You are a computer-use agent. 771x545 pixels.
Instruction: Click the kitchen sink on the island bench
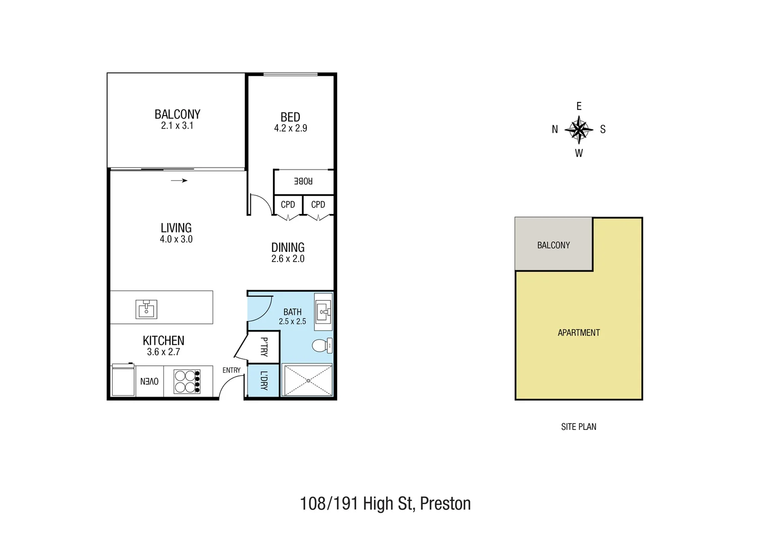point(146,309)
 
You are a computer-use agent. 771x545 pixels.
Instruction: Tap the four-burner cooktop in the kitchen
point(187,381)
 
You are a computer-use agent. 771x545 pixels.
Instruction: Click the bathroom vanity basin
point(323,312)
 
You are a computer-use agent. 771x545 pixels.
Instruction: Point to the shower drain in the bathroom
point(308,380)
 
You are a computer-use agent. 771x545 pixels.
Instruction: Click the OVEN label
point(149,381)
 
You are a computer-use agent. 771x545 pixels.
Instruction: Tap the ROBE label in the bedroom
point(303,181)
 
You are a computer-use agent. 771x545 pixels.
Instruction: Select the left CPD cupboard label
point(288,204)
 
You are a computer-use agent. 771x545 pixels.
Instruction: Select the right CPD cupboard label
point(318,204)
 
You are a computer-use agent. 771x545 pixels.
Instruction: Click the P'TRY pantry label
point(263,347)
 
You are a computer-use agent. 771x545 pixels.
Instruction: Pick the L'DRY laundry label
point(263,380)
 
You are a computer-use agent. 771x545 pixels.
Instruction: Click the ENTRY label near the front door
point(232,370)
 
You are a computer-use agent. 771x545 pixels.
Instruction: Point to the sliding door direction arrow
point(179,181)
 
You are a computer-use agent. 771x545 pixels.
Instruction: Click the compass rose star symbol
point(579,130)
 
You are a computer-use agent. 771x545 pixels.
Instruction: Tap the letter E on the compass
point(579,106)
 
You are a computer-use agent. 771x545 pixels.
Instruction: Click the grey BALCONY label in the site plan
point(553,245)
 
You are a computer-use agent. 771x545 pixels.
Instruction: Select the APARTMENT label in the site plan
point(579,333)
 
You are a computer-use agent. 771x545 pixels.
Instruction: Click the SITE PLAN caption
point(579,427)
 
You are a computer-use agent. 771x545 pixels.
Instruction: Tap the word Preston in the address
point(445,504)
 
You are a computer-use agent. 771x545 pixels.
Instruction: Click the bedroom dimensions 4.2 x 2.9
point(291,128)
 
